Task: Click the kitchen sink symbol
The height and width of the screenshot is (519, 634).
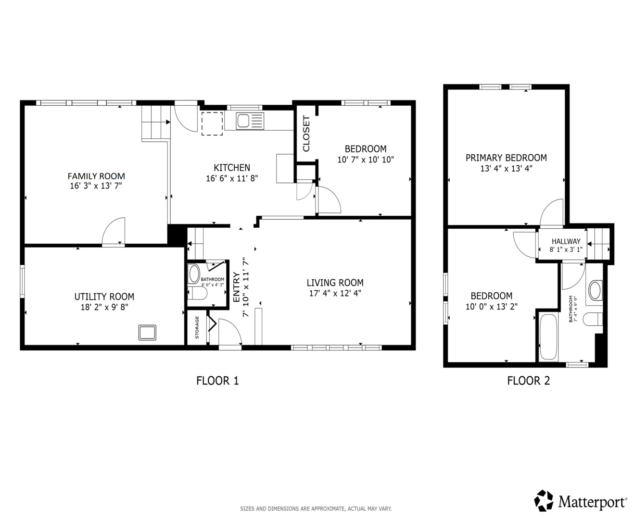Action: coord(250,121)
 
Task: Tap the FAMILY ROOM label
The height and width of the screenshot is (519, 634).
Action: coord(96,176)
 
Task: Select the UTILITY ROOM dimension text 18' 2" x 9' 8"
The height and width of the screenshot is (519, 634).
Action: coord(104,307)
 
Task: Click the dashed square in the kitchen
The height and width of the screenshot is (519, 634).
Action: coord(212,124)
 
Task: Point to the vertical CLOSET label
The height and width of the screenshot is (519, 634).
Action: coord(306,134)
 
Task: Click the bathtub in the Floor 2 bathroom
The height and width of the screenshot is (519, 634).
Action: coord(548,337)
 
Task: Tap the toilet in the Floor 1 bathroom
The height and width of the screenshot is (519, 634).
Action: coord(197,293)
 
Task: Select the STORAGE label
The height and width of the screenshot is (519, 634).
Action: coord(197,327)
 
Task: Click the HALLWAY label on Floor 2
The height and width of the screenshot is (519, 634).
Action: coord(566,241)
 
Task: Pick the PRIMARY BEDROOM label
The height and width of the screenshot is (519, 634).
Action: coord(506,158)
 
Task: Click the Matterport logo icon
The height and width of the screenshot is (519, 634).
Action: coord(544,501)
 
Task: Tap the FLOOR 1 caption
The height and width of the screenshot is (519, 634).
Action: coord(217,381)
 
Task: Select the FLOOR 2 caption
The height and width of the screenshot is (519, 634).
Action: coord(529,381)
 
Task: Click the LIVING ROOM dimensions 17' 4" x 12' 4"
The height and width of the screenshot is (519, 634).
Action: coord(335,293)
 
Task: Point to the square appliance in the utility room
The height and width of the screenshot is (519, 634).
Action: coord(147,333)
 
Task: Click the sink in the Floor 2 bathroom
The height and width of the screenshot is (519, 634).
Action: coord(595,290)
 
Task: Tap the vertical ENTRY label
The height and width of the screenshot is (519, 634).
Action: coord(237,287)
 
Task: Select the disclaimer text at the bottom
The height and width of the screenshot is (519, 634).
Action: coord(316,508)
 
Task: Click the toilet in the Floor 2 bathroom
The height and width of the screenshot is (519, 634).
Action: coord(593,319)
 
